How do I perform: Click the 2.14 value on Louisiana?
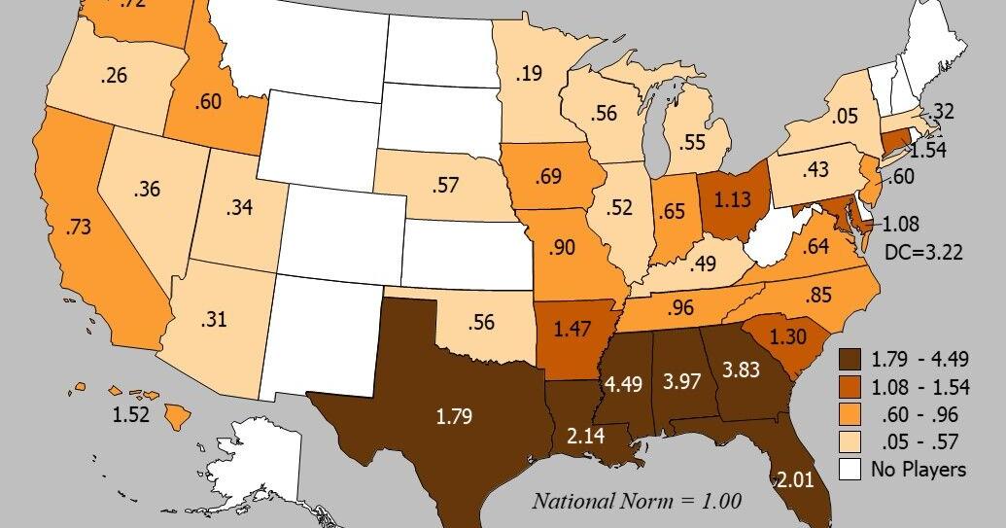tap(584, 436)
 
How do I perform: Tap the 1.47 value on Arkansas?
tap(572, 329)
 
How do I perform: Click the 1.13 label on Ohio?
tap(730, 200)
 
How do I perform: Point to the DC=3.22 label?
tap(922, 251)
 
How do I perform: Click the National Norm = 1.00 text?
tap(636, 502)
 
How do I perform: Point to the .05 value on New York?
tap(846, 116)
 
